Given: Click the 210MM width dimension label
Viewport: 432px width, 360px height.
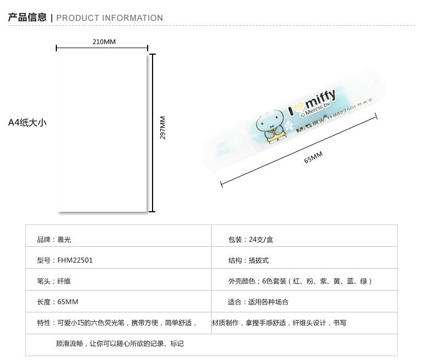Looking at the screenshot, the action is pos(104,42).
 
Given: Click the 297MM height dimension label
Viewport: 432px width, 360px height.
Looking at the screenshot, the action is pos(162,127).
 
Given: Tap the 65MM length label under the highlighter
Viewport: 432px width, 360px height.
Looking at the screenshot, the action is pos(313,158).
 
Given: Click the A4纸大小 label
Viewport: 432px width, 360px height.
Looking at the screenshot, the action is pos(27,123).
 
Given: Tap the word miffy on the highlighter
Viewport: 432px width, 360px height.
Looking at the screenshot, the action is pos(320,101).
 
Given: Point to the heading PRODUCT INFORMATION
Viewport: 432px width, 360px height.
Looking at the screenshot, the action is pos(109,18).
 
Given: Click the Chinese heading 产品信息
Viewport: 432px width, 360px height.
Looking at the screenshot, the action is pos(27,18).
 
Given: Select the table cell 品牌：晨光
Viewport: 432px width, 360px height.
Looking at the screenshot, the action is pos(54,240).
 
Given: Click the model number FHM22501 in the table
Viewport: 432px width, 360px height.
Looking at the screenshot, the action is pos(75,260).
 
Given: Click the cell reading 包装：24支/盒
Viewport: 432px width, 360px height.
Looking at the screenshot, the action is pos(250,240).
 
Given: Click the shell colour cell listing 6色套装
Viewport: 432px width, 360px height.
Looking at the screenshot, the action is pos(300,281).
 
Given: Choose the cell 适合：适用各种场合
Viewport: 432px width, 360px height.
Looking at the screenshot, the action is pos(258,301).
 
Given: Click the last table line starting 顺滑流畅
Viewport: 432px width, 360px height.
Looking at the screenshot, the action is pos(120,344).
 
